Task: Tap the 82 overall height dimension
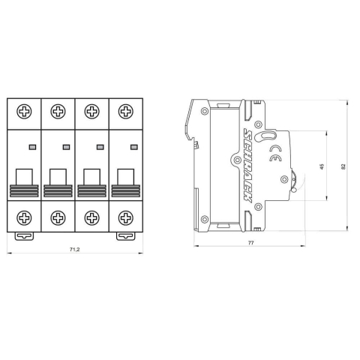pyautogui.click(x=344, y=166)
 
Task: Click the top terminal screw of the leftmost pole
pyautogui.click(x=24, y=113)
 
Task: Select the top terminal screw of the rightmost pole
pyautogui.click(x=125, y=113)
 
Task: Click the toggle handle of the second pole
pyautogui.click(x=58, y=177)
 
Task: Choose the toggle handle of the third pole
pyautogui.click(x=91, y=177)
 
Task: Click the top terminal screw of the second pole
pyautogui.click(x=58, y=113)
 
